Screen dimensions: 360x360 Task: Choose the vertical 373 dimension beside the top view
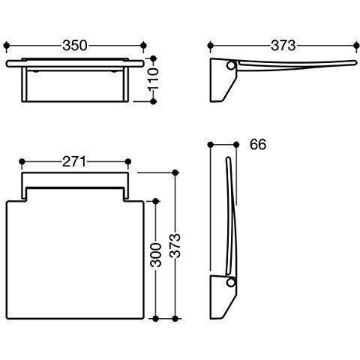(x=178, y=244)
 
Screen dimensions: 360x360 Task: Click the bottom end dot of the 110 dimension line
(x=154, y=101)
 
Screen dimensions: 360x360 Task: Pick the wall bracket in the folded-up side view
(x=223, y=296)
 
